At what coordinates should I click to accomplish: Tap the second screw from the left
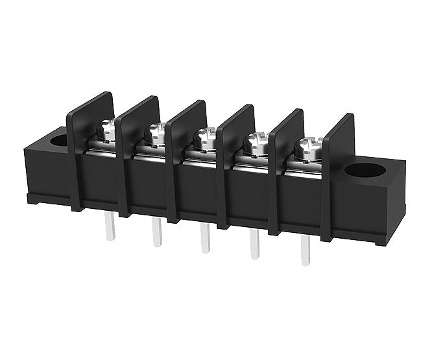point(156,133)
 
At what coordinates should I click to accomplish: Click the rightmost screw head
point(307,147)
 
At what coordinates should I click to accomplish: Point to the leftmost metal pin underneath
point(110,227)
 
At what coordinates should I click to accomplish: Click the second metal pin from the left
point(157,232)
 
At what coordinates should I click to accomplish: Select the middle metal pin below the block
point(205,238)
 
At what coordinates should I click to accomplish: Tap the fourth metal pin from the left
point(254,245)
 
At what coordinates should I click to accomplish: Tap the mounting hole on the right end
point(365,171)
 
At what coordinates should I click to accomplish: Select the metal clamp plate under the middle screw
point(202,156)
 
